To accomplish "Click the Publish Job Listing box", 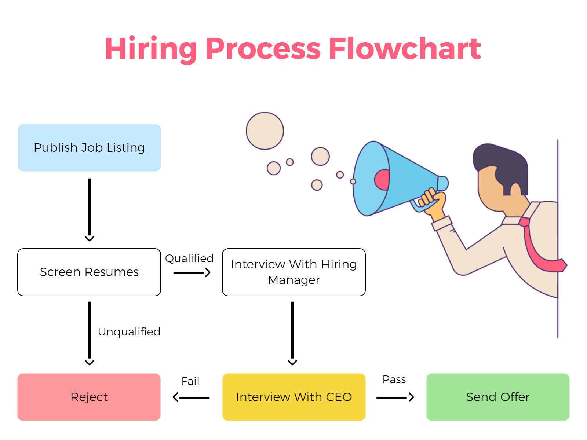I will [x=89, y=148].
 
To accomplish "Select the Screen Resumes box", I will [x=89, y=272].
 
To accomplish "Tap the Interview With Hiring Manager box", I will [x=293, y=272].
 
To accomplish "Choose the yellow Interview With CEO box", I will [x=293, y=397].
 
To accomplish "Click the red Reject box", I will [x=89, y=397].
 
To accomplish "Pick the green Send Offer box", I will [x=497, y=397].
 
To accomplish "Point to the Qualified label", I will [x=189, y=258].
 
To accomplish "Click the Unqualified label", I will [x=129, y=332].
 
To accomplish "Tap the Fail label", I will [x=190, y=381].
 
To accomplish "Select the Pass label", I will [x=394, y=379].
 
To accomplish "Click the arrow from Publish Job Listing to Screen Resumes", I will [x=90, y=209].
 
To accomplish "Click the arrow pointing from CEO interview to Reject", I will [x=191, y=397].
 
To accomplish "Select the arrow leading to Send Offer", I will [x=395, y=397].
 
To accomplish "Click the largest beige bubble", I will [x=265, y=131].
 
